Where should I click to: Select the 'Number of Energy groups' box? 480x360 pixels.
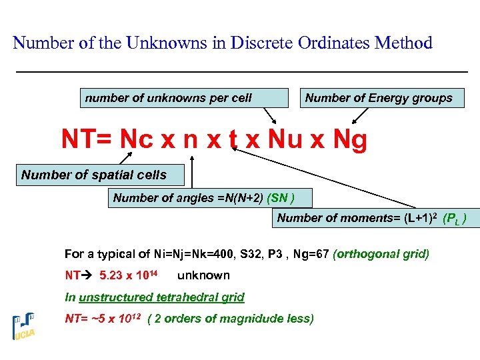pyautogui.click(x=379, y=98)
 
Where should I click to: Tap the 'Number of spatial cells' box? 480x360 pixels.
pyautogui.click(x=93, y=175)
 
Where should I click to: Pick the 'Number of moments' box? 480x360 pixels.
pyautogui.click(x=375, y=218)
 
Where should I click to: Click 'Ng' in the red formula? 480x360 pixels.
pyautogui.click(x=349, y=140)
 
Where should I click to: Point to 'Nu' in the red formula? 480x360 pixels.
pyautogui.click(x=285, y=140)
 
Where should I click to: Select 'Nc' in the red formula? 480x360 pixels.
pyautogui.click(x=137, y=140)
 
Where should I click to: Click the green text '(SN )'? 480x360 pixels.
pyautogui.click(x=280, y=198)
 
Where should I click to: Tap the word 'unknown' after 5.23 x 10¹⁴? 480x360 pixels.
pyautogui.click(x=203, y=275)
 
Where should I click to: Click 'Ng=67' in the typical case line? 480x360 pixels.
pyautogui.click(x=312, y=254)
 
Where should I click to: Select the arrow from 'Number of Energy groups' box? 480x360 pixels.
pyautogui.click(x=360, y=116)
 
